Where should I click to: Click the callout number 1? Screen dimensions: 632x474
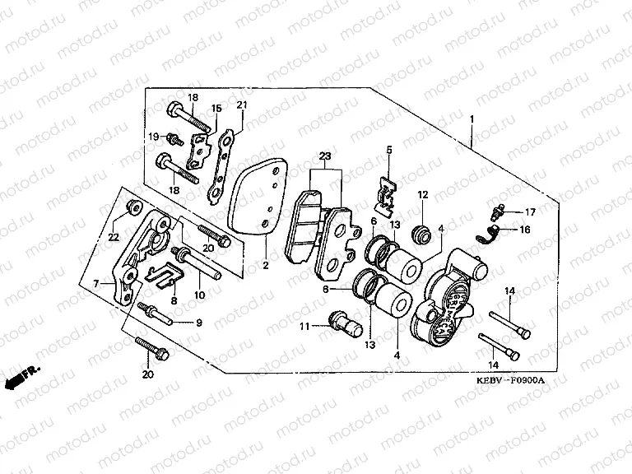pos(472,119)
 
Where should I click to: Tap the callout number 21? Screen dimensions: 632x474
pos(242,105)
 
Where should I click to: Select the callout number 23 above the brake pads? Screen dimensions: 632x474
pos(325,157)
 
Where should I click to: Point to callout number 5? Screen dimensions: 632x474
pos(389,149)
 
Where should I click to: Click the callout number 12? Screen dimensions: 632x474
pos(422,195)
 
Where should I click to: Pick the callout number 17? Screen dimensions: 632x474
pos(530,212)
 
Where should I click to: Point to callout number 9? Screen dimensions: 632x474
pos(198,322)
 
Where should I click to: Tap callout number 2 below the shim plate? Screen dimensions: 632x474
pos(265,266)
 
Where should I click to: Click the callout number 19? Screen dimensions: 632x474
pos(153,136)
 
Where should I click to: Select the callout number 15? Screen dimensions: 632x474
pos(216,108)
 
